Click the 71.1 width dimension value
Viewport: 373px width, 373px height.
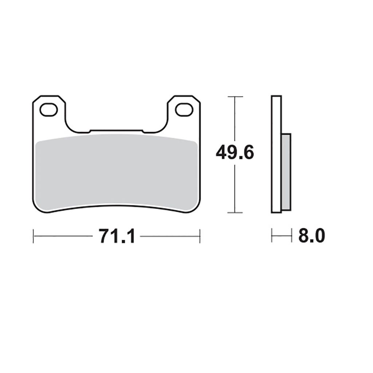(x=117, y=236)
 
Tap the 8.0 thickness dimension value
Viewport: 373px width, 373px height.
(x=312, y=236)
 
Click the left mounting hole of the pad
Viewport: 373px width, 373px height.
(x=49, y=110)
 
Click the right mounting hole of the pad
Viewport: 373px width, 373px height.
(x=184, y=110)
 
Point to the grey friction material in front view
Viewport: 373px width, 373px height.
(x=116, y=172)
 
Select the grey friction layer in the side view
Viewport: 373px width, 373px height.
(x=286, y=172)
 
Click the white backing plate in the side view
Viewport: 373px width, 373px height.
(x=276, y=154)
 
